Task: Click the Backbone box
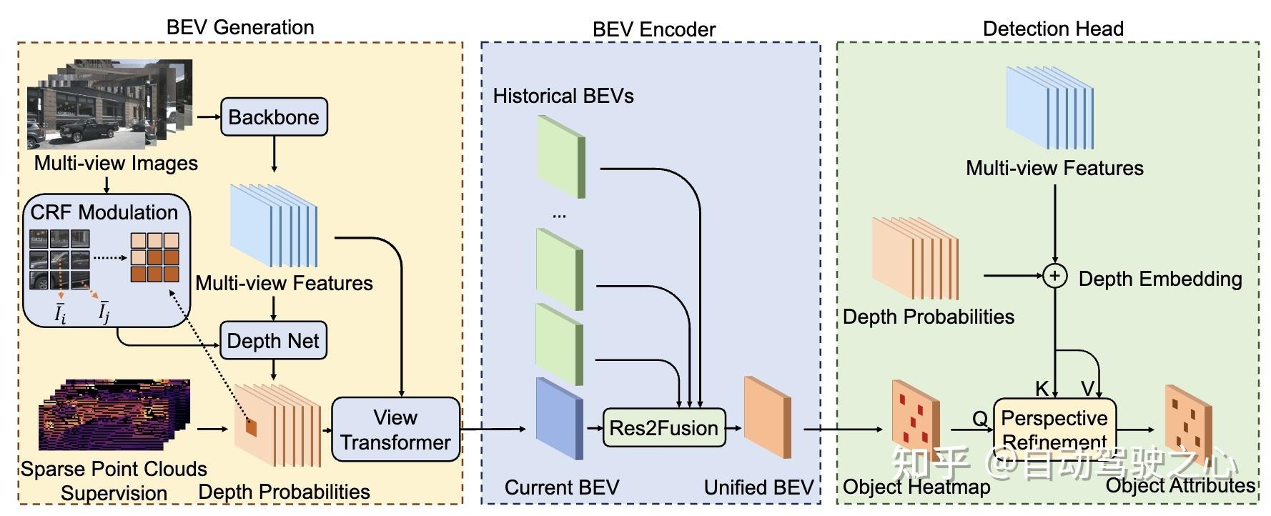[274, 117]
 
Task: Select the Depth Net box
[273, 341]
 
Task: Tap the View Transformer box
[395, 430]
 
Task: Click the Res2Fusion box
[663, 428]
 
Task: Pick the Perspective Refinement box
[1054, 427]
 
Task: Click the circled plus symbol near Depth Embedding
[1055, 276]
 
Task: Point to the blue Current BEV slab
[559, 419]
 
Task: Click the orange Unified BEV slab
[767, 417]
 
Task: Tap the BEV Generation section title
[240, 27]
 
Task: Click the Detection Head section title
[1053, 29]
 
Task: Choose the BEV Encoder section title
[653, 29]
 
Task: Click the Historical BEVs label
[563, 96]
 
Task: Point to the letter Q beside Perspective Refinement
[979, 418]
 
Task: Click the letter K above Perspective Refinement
[1042, 388]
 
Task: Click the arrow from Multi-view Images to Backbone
[208, 116]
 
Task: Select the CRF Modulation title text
[104, 212]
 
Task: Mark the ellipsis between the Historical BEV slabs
[559, 214]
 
